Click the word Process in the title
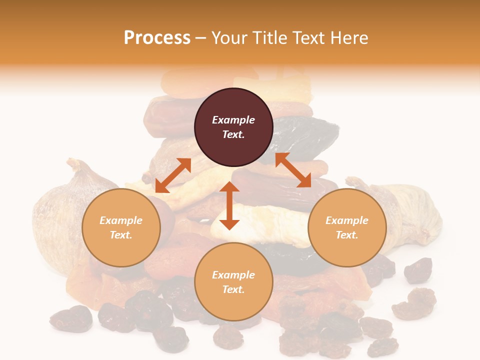157,38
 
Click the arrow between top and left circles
173,175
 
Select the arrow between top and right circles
293,170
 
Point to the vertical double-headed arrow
229,206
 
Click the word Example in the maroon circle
233,120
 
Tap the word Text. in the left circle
121,235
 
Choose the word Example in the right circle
347,220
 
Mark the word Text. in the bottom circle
233,289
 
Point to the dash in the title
201,38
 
